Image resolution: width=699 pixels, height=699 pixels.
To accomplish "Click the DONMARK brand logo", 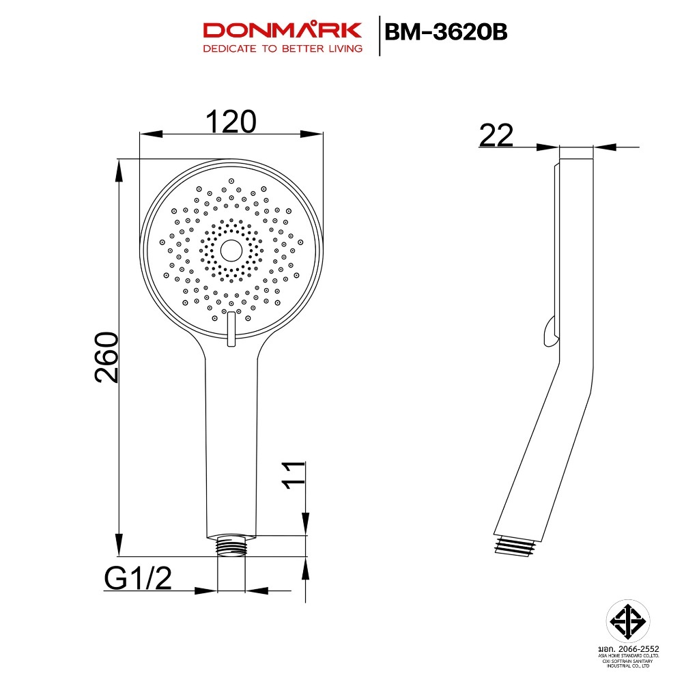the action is tap(282, 30).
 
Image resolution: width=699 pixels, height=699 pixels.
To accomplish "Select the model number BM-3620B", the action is tap(445, 32).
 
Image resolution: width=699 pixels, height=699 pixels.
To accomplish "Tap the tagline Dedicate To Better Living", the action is tap(283, 48).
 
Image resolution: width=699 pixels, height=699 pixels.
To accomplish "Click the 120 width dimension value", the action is tap(231, 122).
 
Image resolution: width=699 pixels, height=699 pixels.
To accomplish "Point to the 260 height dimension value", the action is tap(107, 357).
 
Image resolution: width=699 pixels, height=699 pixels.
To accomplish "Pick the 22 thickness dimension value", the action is tap(496, 135).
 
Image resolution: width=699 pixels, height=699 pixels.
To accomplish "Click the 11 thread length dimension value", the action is tap(294, 476).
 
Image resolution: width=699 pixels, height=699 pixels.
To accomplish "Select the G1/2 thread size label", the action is tap(138, 578).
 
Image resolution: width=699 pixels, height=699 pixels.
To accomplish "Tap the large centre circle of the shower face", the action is tap(231, 251).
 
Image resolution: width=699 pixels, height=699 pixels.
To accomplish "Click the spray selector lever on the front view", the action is tap(231, 329).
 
